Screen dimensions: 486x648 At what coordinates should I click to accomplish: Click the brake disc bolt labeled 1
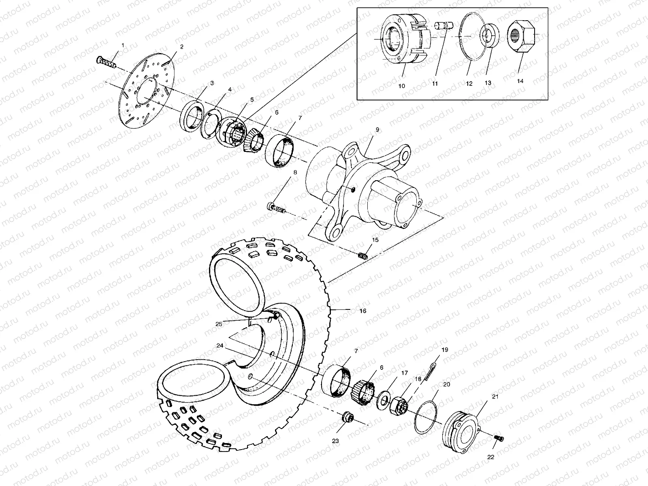pos(106,62)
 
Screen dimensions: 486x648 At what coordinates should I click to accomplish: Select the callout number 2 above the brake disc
pos(181,47)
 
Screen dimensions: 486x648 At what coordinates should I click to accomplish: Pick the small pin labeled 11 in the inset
pos(442,26)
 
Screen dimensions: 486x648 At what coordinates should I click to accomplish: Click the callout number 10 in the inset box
pos(402,86)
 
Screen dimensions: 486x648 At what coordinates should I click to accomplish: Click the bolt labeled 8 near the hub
pos(277,209)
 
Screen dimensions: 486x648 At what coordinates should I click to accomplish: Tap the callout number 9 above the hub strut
pos(377,130)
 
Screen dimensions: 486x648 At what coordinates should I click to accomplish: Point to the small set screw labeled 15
pos(363,256)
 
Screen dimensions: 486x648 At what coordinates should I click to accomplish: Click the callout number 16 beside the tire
pos(362,311)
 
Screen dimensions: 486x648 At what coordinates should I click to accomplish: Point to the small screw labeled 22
pos(499,439)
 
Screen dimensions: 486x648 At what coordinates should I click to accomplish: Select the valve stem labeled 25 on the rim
pos(275,316)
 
